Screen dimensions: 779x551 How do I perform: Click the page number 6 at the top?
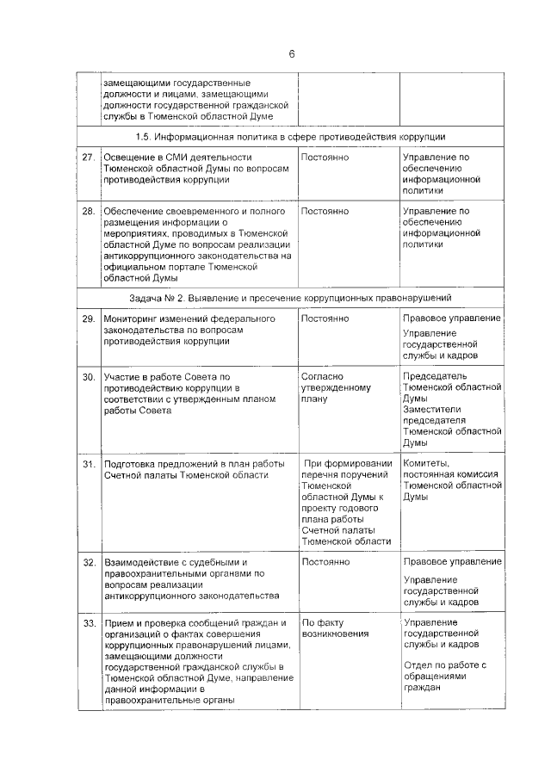click(x=291, y=53)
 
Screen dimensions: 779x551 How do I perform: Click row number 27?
click(x=88, y=158)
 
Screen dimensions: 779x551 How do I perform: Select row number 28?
click(x=88, y=211)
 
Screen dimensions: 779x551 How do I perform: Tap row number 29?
click(x=88, y=318)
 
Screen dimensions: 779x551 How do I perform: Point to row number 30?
click(x=88, y=377)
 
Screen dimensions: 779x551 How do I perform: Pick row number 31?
click(x=88, y=464)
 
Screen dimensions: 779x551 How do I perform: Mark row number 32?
click(x=88, y=562)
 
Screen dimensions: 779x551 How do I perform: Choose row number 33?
click(x=88, y=622)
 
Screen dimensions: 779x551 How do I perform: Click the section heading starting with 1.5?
click(x=290, y=136)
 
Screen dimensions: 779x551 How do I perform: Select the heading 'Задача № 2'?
click(x=290, y=298)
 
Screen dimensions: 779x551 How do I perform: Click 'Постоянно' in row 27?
click(x=325, y=158)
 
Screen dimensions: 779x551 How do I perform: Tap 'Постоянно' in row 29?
click(x=325, y=318)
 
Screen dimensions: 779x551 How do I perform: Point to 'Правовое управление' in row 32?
click(x=451, y=562)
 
